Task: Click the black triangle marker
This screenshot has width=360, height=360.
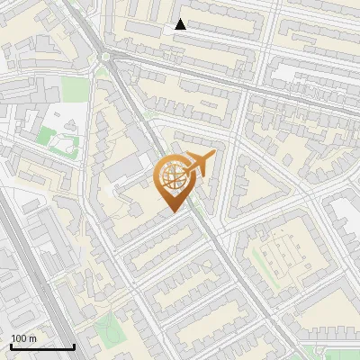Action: point(181,24)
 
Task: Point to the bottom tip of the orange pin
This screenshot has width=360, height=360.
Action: point(174,212)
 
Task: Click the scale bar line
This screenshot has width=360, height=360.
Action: point(42,346)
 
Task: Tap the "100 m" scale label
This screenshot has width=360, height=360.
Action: point(23,338)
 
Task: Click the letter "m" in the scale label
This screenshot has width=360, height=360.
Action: point(32,338)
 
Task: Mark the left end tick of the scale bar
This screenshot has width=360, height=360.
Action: point(11,345)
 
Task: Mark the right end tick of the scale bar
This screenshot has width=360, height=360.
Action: point(74,345)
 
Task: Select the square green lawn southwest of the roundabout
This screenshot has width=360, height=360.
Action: point(76,91)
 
